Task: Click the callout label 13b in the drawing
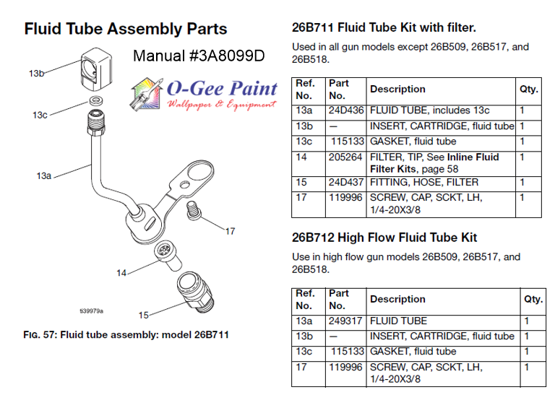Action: click(x=37, y=73)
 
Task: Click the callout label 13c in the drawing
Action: click(x=40, y=115)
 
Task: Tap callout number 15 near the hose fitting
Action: click(x=143, y=315)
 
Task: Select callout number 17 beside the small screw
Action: click(x=229, y=231)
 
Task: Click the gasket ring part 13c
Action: click(x=95, y=100)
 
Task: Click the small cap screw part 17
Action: click(x=192, y=209)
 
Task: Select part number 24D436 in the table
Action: click(x=345, y=110)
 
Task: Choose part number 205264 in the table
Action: click(x=345, y=157)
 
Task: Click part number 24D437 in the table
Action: click(x=345, y=183)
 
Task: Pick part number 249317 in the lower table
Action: click(x=345, y=321)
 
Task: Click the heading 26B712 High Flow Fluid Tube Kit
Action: click(x=384, y=238)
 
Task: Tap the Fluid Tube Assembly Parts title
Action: click(x=126, y=30)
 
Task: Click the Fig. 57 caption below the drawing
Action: click(x=126, y=335)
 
